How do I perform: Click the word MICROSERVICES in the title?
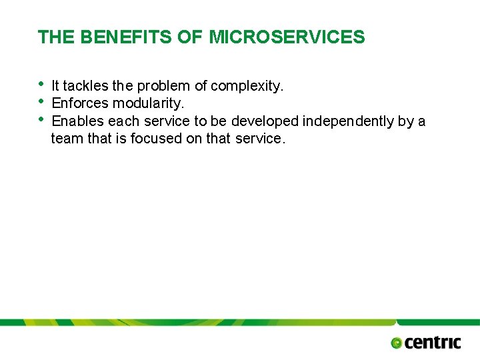click(x=287, y=37)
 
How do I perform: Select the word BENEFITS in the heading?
click(x=126, y=37)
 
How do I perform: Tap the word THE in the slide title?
click(x=57, y=37)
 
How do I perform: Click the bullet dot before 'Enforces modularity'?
click(x=42, y=102)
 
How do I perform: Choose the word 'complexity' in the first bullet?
click(x=247, y=86)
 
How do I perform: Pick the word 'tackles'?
click(x=86, y=86)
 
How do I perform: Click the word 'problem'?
click(x=164, y=86)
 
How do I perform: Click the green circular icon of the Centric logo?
click(x=397, y=343)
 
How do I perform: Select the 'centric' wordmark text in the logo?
click(x=433, y=342)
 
